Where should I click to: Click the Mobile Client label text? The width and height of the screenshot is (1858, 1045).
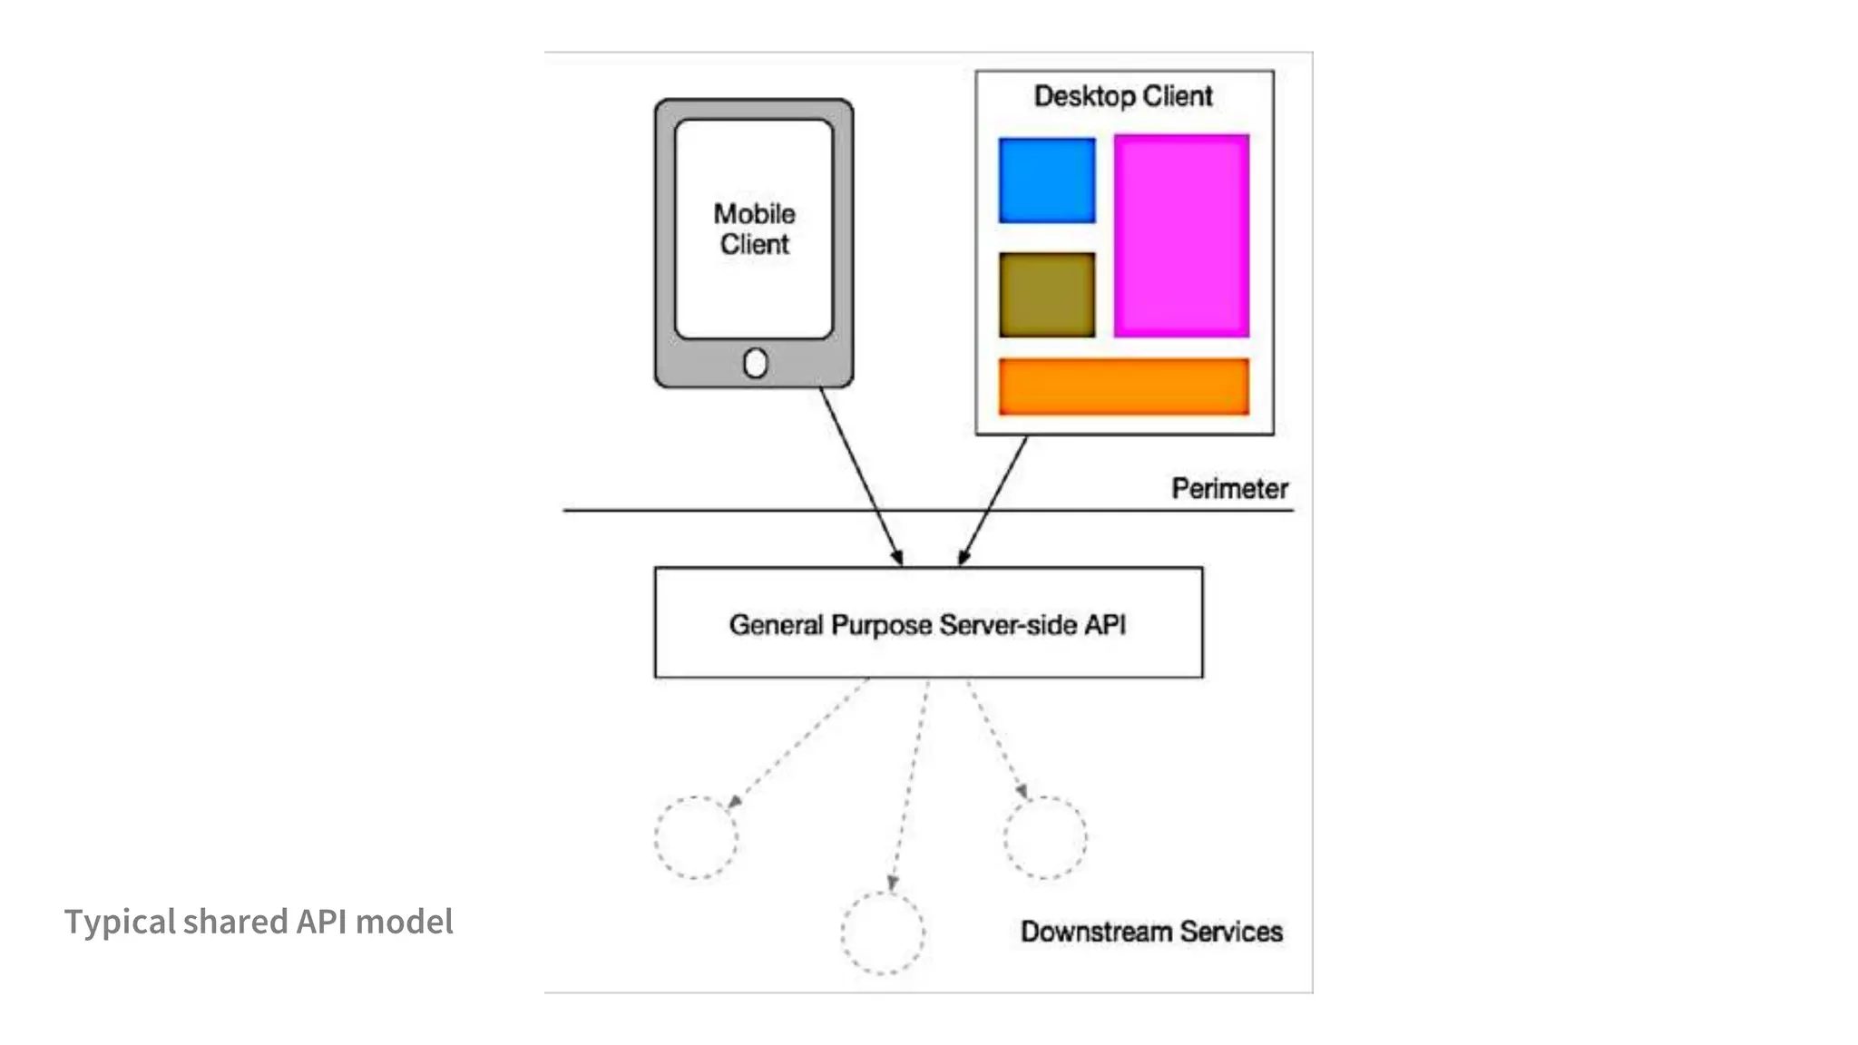pyautogui.click(x=754, y=229)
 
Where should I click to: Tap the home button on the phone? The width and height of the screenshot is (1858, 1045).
pyautogui.click(x=755, y=364)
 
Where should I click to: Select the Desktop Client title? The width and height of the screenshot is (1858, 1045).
pyautogui.click(x=1123, y=96)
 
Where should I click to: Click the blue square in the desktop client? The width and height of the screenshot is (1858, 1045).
pyautogui.click(x=1047, y=181)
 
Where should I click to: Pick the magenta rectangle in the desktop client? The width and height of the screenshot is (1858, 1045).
pyautogui.click(x=1181, y=236)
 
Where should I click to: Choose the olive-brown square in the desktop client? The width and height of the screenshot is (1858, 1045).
pyautogui.click(x=1047, y=295)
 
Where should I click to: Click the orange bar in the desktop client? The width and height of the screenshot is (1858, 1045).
pyautogui.click(x=1123, y=386)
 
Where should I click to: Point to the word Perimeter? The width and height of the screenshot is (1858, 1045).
pyautogui.click(x=1229, y=489)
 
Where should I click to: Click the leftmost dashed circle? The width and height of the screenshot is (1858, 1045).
pyautogui.click(x=696, y=837)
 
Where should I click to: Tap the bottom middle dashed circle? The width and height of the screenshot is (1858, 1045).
pyautogui.click(x=882, y=933)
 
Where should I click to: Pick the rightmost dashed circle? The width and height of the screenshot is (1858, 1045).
pyautogui.click(x=1045, y=837)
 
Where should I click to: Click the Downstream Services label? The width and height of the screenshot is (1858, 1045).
pyautogui.click(x=1151, y=932)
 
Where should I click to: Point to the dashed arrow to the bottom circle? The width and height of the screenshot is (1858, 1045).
pyautogui.click(x=911, y=784)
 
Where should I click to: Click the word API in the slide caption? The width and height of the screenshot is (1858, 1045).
pyautogui.click(x=321, y=922)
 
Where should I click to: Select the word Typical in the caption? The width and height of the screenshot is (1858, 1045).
pyautogui.click(x=120, y=923)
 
